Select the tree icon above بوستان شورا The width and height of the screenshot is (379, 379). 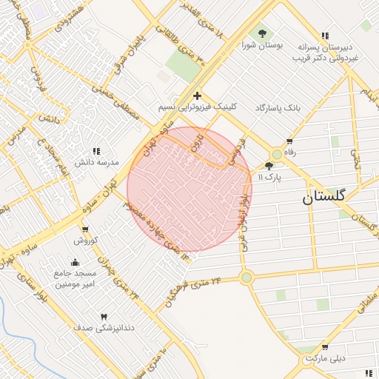click(261, 33)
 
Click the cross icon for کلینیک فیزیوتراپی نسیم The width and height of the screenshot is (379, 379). click(197, 95)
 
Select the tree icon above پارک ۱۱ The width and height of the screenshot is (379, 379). click(268, 166)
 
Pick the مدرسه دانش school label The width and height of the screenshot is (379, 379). click(92, 161)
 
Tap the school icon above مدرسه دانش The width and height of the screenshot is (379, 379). click(95, 150)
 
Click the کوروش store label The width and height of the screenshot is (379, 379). click(85, 241)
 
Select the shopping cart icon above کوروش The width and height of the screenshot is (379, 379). click(86, 229)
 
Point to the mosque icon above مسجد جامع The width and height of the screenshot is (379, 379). click(75, 261)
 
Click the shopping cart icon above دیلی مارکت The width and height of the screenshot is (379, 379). click(324, 346)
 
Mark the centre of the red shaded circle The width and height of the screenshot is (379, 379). click(189, 189)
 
